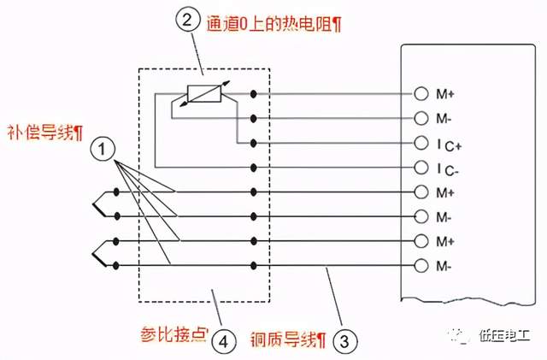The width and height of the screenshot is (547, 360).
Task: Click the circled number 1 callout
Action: click(103, 150)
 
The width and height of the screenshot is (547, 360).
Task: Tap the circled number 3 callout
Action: click(344, 341)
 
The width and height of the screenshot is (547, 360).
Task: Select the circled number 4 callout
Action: click(223, 341)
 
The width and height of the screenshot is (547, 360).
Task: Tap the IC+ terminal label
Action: click(447, 142)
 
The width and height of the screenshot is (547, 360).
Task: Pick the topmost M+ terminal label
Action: click(445, 92)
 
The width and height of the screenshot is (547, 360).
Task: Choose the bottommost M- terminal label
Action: click(445, 266)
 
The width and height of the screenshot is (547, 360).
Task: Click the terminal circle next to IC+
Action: click(420, 142)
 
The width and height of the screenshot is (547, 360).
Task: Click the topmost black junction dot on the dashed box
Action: click(254, 92)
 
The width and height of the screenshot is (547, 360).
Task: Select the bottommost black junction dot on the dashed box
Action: click(254, 266)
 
